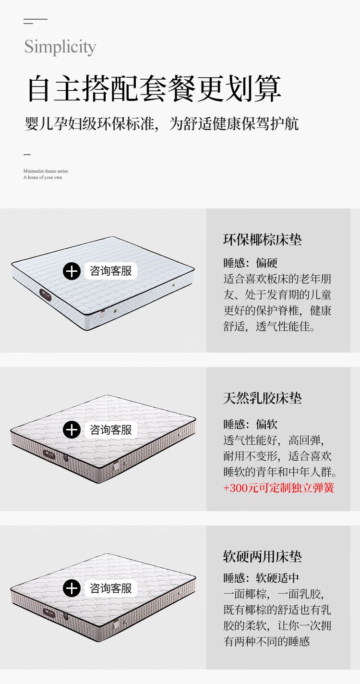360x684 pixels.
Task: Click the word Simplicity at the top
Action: pos(60,47)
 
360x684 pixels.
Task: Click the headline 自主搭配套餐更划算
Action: pos(154,88)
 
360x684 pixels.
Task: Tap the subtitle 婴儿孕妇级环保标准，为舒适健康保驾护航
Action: pos(162,123)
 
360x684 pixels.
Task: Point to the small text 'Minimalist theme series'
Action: pos(46,171)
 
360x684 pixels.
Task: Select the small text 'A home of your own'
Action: pos(43,177)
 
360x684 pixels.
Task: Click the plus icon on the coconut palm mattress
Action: pos(72,271)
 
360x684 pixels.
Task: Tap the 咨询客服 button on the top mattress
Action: pos(111,271)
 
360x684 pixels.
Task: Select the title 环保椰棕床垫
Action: pos(263,240)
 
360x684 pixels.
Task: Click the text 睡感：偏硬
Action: pos(250,263)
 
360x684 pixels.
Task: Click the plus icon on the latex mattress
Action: pos(72,429)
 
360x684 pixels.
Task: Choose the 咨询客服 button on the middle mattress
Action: pos(111,429)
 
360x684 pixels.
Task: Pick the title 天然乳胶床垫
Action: pos(263,398)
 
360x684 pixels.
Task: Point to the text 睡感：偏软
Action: pos(250,424)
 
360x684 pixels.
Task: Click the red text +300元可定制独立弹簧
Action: pos(278,488)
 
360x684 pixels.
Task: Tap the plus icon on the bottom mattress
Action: pos(72,588)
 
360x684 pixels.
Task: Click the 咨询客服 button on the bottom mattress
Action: pos(111,588)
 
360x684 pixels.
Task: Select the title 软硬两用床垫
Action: pos(263,557)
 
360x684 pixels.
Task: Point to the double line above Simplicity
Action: pos(35,21)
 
